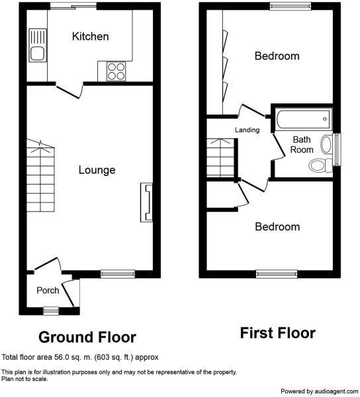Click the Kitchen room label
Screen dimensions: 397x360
(x=90, y=36)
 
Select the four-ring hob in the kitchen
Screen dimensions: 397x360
(x=115, y=71)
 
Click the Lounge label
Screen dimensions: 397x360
(x=97, y=170)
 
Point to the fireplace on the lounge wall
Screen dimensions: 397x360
(x=146, y=203)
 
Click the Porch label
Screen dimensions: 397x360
(x=47, y=290)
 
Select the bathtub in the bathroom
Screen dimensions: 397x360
(x=302, y=120)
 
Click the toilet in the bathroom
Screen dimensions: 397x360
(x=320, y=165)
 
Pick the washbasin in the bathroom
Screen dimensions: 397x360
(x=326, y=144)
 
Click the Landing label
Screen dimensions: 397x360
(x=247, y=130)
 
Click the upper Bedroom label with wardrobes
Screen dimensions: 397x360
(x=277, y=56)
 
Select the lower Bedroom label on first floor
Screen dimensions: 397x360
(x=277, y=227)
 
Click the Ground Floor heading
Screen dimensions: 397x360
(x=87, y=338)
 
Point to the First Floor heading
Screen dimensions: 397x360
(x=277, y=333)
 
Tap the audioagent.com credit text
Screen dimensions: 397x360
(x=320, y=391)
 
